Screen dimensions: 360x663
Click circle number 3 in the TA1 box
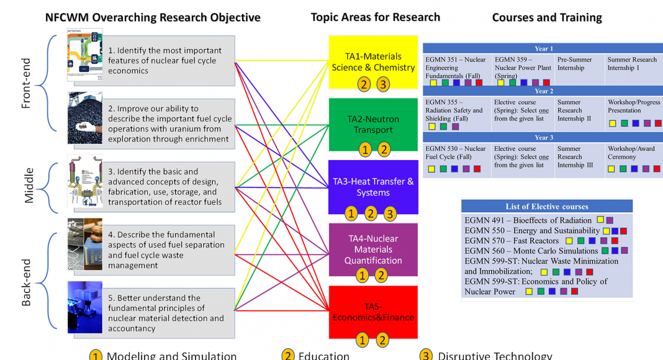coord(384,84)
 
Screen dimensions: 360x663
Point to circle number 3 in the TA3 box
coord(390,214)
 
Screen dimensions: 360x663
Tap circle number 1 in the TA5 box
coord(363,340)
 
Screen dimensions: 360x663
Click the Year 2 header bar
coord(543,91)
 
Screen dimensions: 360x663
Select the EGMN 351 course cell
coord(457,68)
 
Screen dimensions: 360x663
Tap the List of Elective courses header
coord(547,207)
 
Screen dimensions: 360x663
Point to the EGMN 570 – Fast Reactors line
coord(512,241)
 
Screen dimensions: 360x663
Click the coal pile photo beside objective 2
coord(85,119)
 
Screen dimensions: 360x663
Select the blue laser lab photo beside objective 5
coord(85,307)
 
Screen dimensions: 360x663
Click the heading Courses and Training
coord(547,17)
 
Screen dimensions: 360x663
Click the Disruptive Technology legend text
coord(494,356)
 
